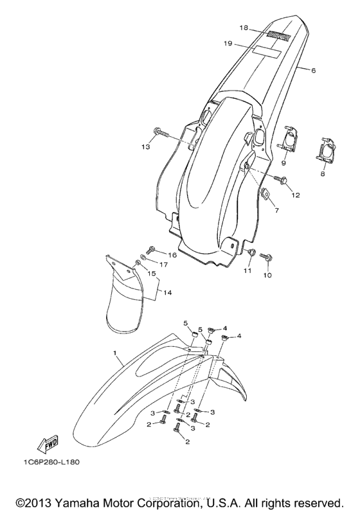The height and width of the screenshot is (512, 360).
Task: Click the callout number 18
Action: (x=244, y=28)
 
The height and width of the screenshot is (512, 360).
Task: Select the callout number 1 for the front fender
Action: (x=116, y=353)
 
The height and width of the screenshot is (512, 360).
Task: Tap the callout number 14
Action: (x=167, y=292)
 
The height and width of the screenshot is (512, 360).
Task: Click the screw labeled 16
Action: (x=152, y=250)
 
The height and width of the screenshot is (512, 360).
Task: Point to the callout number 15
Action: (x=152, y=274)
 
